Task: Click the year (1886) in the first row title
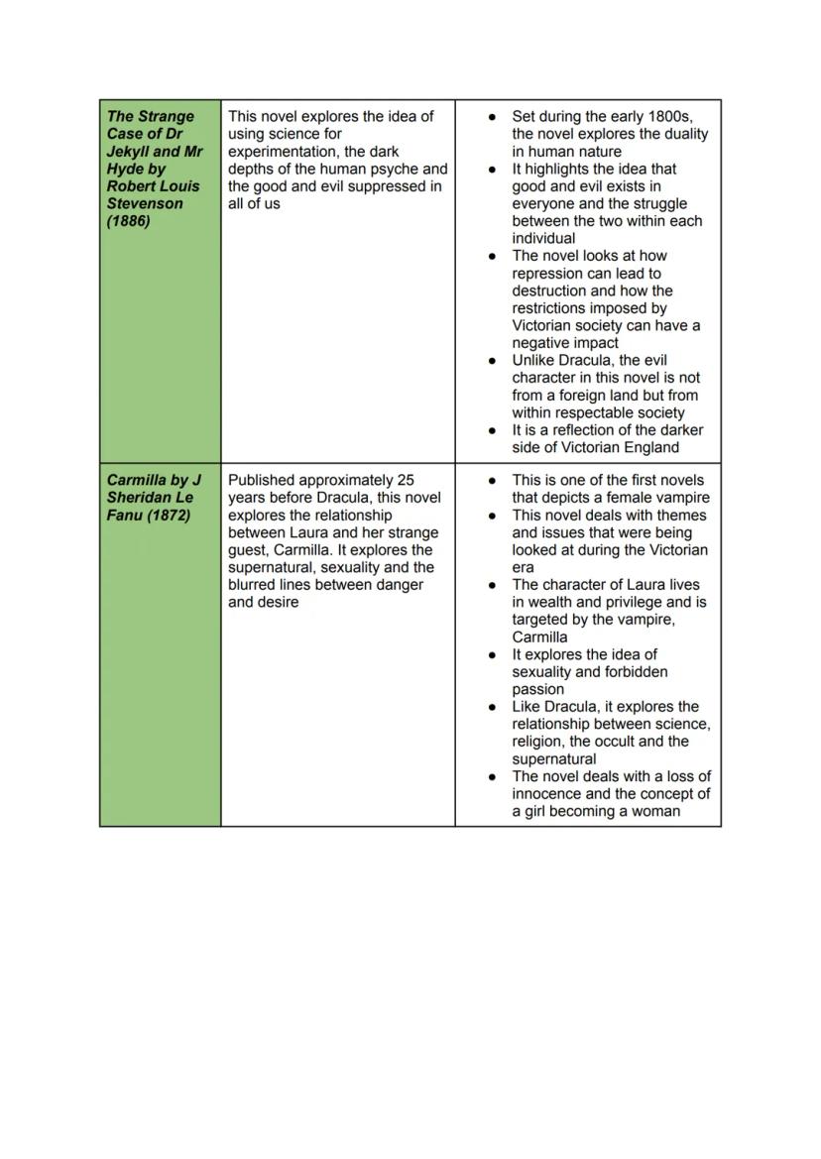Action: click(x=129, y=221)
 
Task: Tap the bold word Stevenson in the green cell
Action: click(x=145, y=203)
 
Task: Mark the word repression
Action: click(x=547, y=273)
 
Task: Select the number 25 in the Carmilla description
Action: click(x=405, y=480)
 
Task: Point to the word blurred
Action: click(x=255, y=585)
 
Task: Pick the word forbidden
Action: click(x=634, y=672)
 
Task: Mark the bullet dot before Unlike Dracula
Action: click(x=492, y=361)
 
